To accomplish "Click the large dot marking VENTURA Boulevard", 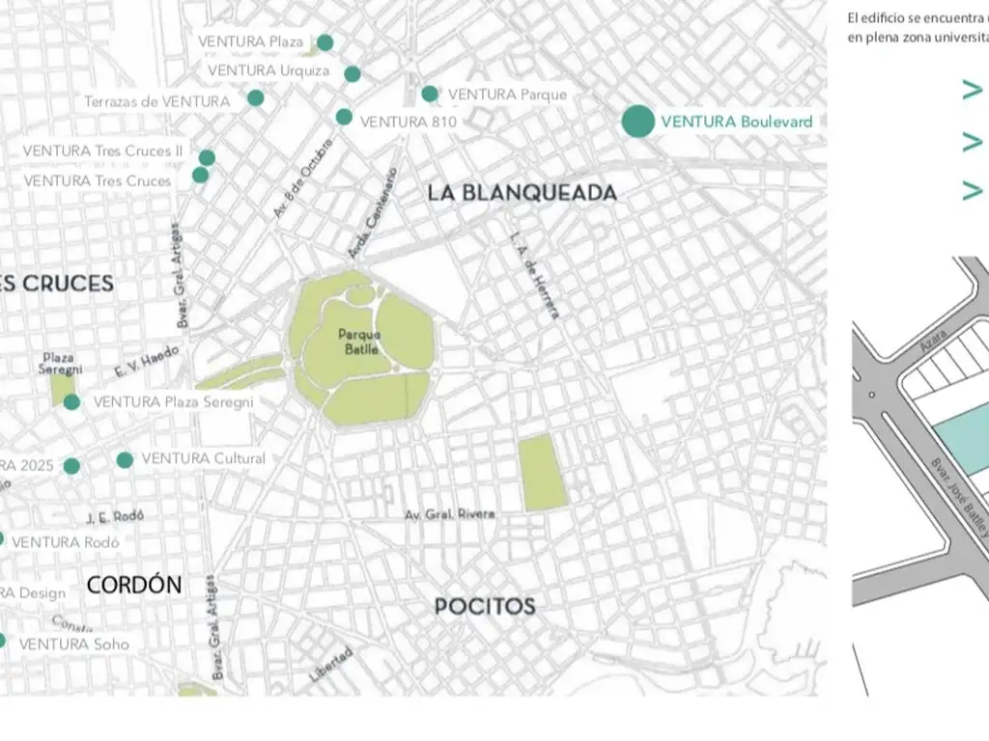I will [x=637, y=122].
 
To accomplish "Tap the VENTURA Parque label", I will [x=507, y=95].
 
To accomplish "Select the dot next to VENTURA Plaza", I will [x=325, y=42].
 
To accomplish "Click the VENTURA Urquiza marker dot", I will [x=353, y=74].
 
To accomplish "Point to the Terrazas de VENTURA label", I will [x=156, y=101].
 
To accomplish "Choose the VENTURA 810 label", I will [x=408, y=122].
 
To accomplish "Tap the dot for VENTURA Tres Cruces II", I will [x=207, y=157].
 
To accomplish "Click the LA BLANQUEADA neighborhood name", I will [x=522, y=193].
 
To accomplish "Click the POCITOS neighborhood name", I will [x=484, y=606].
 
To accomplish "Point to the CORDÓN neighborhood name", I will [x=133, y=585].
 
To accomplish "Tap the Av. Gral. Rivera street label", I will [x=449, y=514].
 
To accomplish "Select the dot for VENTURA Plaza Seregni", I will [x=71, y=402].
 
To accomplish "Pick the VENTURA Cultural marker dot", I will [x=125, y=459].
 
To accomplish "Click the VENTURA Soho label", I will [x=73, y=644].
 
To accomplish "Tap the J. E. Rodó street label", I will [x=114, y=517].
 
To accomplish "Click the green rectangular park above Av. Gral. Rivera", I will [x=542, y=473].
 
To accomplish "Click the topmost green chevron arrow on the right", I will [x=972, y=91].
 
